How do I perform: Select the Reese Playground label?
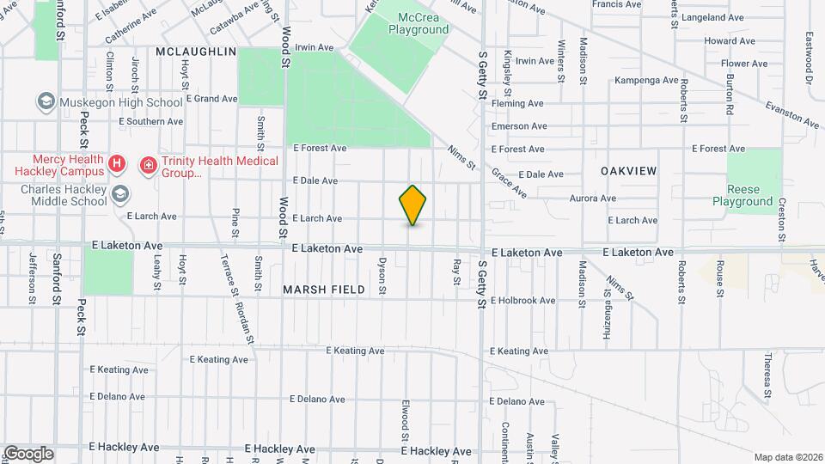[x=742, y=195]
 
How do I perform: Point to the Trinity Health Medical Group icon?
[x=148, y=162]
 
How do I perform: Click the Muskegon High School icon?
[x=44, y=102]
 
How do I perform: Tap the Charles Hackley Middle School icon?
[x=119, y=193]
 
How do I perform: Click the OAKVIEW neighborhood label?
[x=629, y=171]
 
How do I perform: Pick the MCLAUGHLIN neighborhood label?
[x=196, y=52]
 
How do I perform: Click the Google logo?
[x=28, y=453]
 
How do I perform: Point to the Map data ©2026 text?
[x=785, y=457]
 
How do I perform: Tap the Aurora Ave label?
[x=593, y=198]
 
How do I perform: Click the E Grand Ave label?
[x=210, y=99]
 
